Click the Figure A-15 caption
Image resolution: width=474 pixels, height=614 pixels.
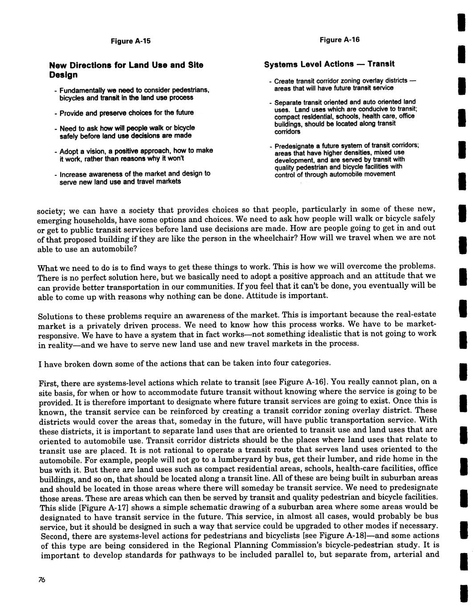tap(131, 41)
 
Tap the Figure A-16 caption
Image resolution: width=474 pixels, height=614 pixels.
tap(339, 40)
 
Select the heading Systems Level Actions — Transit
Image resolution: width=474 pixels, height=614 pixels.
tap(329, 64)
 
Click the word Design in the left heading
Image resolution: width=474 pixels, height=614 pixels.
tap(63, 74)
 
